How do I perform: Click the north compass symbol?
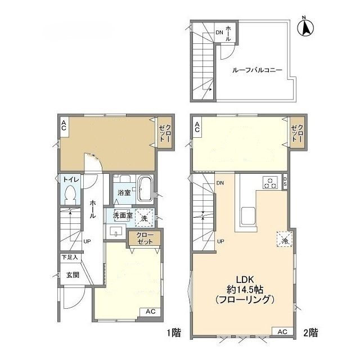point(305,27)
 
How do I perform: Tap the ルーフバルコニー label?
point(257,70)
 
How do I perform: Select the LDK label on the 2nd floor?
point(245,280)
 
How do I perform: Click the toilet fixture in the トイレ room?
point(70,194)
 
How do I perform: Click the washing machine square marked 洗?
point(144,218)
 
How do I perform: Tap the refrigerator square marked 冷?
point(285,239)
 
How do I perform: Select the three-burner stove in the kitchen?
point(271,182)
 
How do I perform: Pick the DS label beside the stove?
point(285,182)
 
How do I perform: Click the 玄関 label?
point(73,275)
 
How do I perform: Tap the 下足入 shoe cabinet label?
point(70,257)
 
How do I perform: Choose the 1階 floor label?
point(174,332)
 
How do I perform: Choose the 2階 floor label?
point(310,332)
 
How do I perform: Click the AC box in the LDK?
point(282,331)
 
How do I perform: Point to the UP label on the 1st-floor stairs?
point(87,241)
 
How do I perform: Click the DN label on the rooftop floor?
point(219,33)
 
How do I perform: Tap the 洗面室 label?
point(123,215)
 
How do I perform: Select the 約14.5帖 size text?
point(245,290)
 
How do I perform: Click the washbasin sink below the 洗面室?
point(116,231)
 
